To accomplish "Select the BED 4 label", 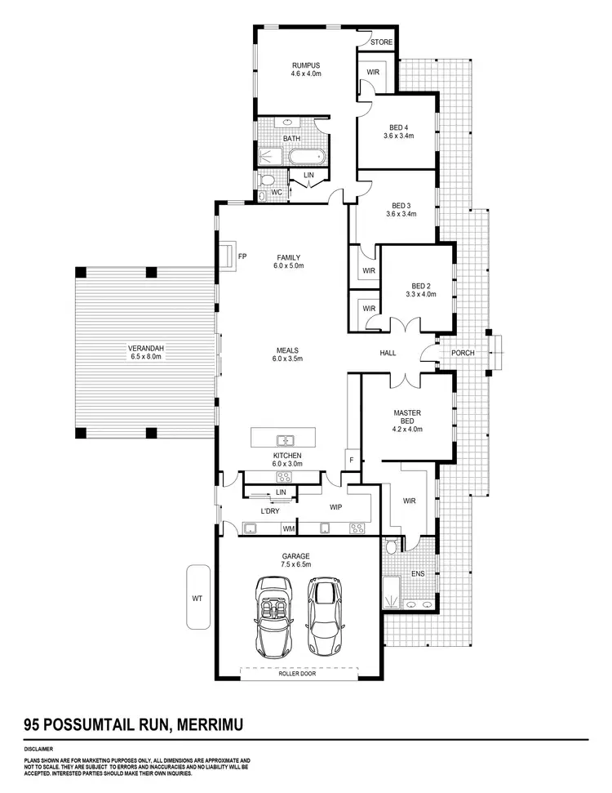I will click(x=398, y=127).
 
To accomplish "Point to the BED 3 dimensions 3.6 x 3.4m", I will click(x=401, y=214).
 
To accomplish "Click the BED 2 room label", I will click(x=421, y=285).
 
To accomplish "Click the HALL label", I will click(x=388, y=353).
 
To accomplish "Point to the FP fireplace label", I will click(x=242, y=256).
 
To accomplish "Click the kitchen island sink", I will click(x=286, y=439).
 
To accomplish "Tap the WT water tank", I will click(x=197, y=597).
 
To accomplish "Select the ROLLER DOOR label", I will click(x=297, y=674).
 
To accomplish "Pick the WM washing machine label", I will click(x=288, y=528).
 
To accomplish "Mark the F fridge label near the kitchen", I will click(x=351, y=460).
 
